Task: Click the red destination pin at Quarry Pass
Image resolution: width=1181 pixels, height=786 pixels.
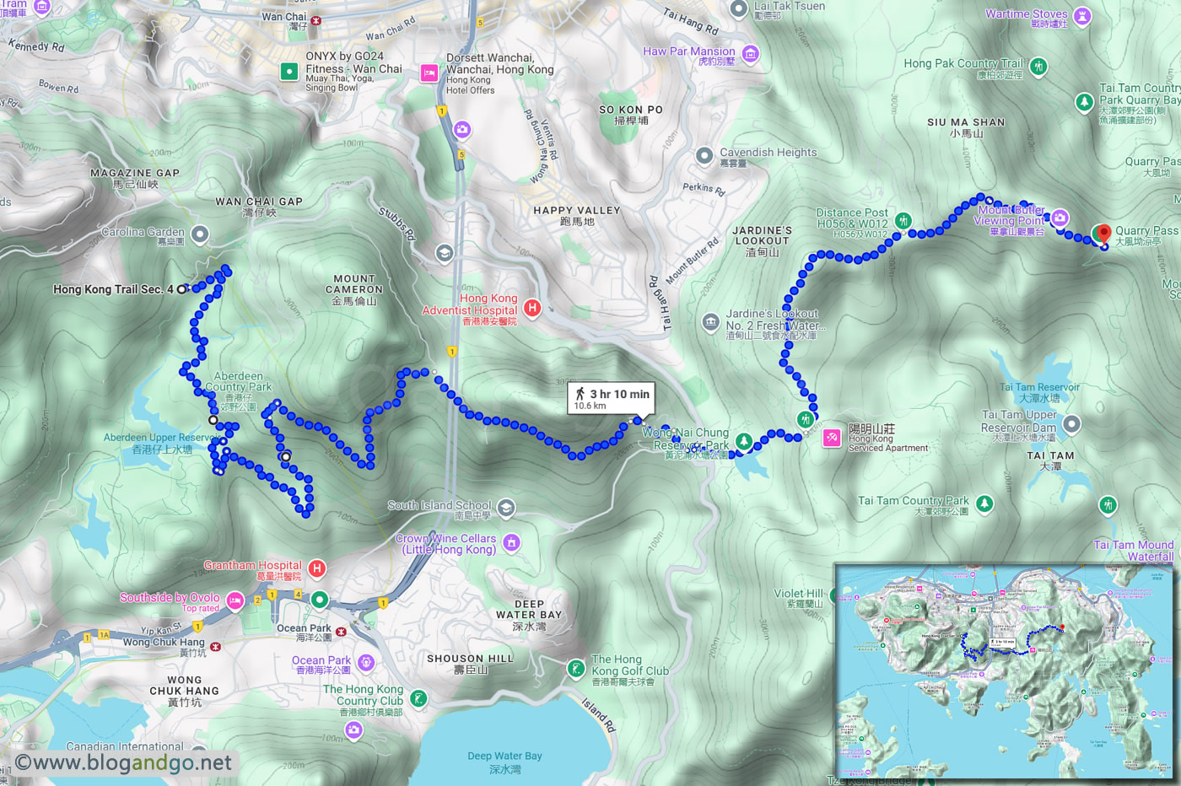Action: pos(1102,233)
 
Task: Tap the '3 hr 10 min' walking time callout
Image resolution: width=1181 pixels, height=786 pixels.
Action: pos(612,398)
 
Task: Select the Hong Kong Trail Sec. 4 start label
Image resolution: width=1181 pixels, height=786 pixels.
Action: pos(113,289)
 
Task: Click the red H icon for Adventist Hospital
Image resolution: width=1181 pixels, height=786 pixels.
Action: pos(532,308)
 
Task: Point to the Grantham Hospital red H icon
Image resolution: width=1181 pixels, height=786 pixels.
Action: pos(317,568)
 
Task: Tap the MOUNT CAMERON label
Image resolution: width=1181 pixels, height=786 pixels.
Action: pos(354,284)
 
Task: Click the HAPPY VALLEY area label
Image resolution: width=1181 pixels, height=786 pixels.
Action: pos(577,215)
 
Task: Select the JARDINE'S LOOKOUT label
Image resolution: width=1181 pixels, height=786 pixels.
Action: pos(762,235)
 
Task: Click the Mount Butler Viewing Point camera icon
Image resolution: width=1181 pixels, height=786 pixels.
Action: pos(1060,218)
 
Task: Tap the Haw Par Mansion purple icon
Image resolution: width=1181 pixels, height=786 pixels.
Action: pos(750,55)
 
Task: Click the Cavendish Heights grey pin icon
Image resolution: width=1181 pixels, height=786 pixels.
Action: pos(704,156)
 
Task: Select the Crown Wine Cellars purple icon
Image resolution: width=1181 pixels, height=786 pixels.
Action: pos(511,542)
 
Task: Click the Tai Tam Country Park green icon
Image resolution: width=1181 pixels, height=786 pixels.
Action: pos(984,503)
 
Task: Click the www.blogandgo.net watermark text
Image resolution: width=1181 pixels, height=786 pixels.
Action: pos(123,762)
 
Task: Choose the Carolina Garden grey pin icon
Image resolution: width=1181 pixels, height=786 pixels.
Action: pos(200,234)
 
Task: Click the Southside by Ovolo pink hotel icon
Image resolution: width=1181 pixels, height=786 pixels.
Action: pos(235,600)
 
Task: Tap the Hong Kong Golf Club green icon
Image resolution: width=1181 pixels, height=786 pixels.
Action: pos(576,669)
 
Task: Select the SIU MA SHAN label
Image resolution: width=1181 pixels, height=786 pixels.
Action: pos(966,127)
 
